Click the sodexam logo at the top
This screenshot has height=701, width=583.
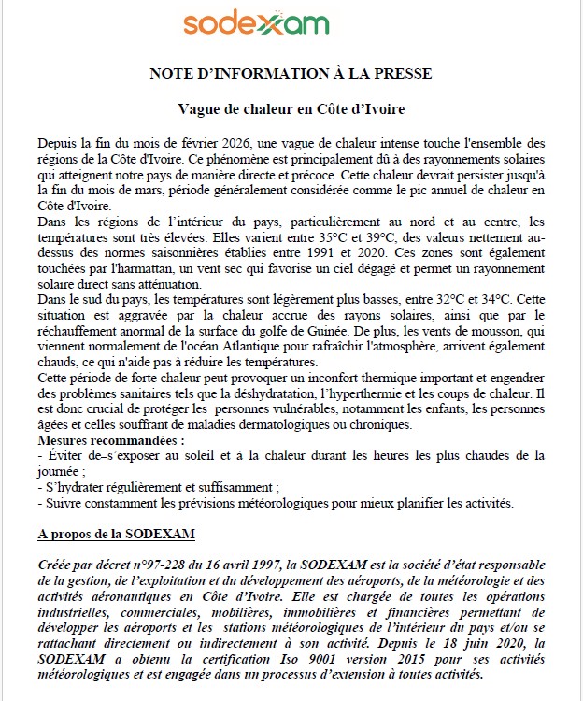click(x=256, y=23)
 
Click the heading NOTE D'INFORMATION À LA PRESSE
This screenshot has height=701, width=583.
click(x=291, y=72)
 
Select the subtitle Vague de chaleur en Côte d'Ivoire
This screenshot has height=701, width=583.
click(x=291, y=109)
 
